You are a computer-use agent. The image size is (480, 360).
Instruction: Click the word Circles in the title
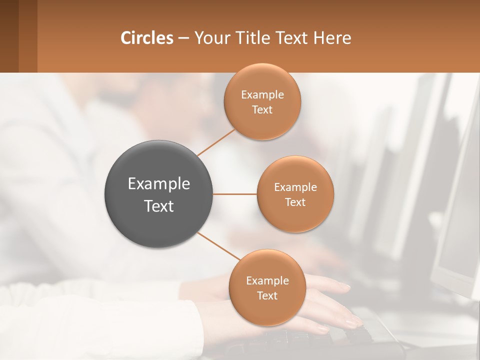[x=147, y=38]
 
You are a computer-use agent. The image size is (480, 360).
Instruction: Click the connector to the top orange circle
[x=216, y=142]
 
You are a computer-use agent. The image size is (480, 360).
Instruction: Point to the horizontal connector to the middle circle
[x=235, y=194]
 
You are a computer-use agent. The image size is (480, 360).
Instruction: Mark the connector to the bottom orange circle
[x=218, y=246]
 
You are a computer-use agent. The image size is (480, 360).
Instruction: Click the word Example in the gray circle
[x=159, y=184]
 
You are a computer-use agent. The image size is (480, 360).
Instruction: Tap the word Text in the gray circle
[x=159, y=206]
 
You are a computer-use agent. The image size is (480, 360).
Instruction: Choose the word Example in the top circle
[x=262, y=95]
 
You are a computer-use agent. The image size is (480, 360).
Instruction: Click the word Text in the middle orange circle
[x=295, y=202]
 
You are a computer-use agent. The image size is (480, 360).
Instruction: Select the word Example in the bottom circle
[x=267, y=280]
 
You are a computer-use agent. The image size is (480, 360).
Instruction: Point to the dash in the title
[x=183, y=38]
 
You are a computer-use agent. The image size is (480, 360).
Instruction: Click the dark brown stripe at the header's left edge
[x=9, y=36]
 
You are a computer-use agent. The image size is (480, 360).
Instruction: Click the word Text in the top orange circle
[x=262, y=109]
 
